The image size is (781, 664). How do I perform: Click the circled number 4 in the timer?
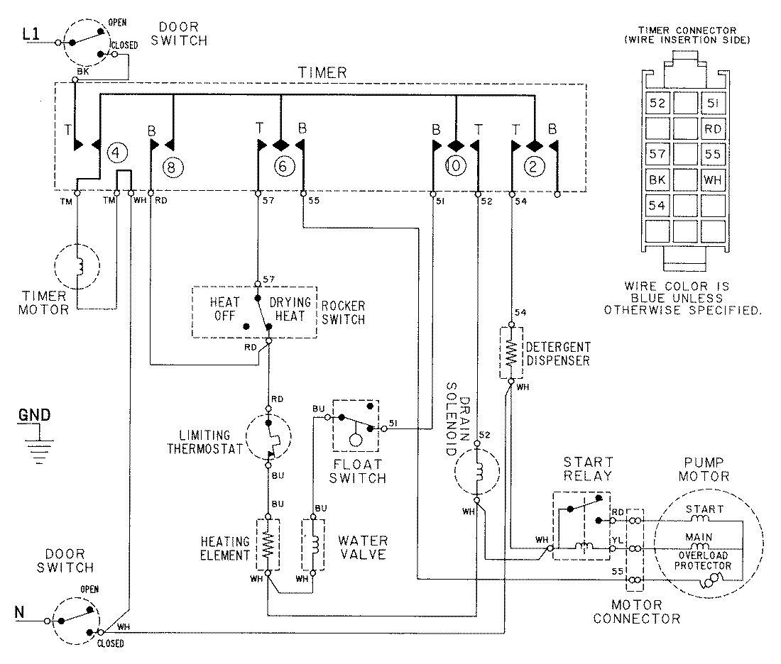pyautogui.click(x=116, y=152)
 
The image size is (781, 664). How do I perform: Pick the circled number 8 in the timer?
pyautogui.click(x=172, y=168)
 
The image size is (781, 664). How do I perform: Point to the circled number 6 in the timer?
pyautogui.click(x=282, y=167)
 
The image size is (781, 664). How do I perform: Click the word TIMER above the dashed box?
pyautogui.click(x=322, y=72)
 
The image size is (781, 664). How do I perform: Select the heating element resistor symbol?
pyautogui.click(x=268, y=545)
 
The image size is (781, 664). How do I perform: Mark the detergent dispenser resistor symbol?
pyautogui.click(x=510, y=353)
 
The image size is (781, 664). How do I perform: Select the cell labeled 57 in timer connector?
pyautogui.click(x=658, y=154)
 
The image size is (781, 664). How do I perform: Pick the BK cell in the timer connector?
pyautogui.click(x=658, y=180)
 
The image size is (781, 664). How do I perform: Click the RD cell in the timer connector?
pyautogui.click(x=712, y=128)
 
